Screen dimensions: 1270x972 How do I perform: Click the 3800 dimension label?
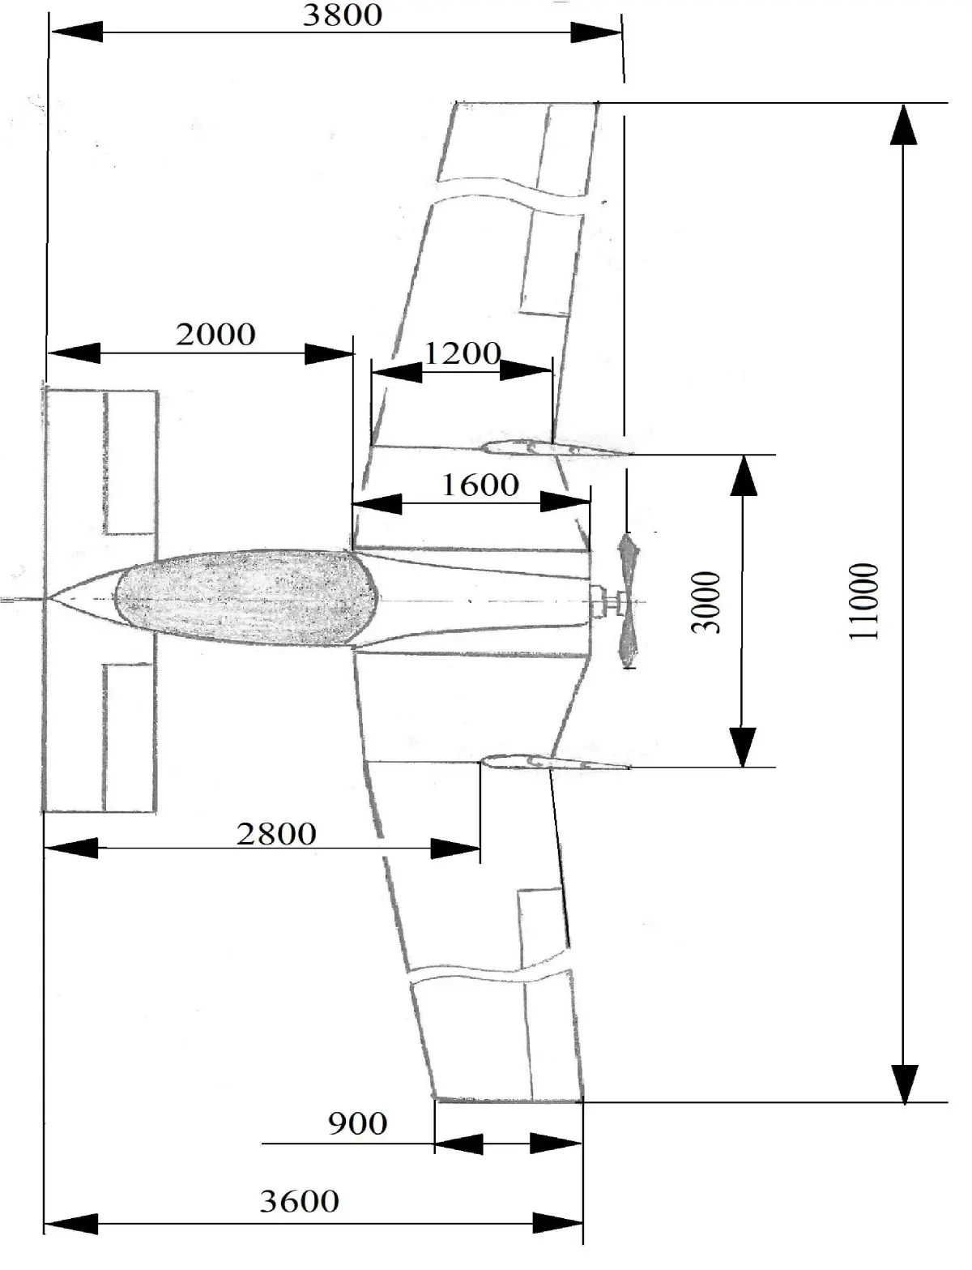coord(342,15)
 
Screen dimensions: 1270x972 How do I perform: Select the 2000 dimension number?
coord(215,334)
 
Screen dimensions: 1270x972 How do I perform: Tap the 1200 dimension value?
coord(462,353)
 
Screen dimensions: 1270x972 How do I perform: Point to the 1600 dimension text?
coord(480,485)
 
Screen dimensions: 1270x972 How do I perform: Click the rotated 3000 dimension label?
coord(706,602)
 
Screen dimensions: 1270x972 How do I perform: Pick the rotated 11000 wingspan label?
coord(863,601)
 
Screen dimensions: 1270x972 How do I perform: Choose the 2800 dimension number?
coord(276,833)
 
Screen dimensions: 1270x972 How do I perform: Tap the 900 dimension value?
coord(357,1123)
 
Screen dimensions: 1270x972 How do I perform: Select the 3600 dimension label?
coord(299,1200)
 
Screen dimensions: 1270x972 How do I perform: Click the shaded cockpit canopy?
coord(247,598)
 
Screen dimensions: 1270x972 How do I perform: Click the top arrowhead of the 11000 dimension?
coord(904,126)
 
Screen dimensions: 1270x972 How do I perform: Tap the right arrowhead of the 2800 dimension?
coord(456,849)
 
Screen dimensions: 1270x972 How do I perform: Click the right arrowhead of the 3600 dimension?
coord(558,1223)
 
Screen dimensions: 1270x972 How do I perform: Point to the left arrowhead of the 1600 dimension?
coord(377,503)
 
